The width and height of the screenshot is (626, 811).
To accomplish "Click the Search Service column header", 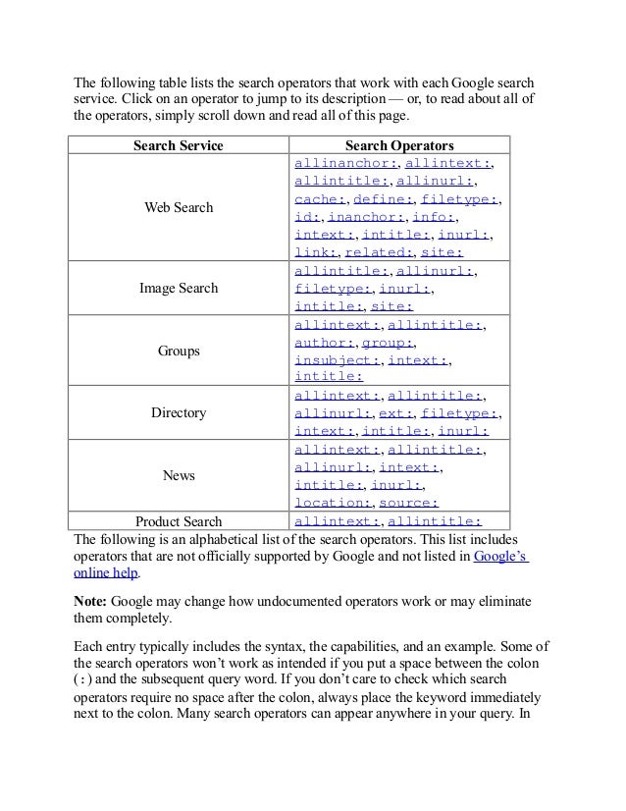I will point(179,145).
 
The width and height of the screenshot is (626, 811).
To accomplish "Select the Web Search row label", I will point(179,208).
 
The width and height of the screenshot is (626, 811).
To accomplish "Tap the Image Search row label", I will point(179,290).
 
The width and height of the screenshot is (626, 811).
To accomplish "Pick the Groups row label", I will point(179,350).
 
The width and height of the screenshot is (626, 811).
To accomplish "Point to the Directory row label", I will point(179,413).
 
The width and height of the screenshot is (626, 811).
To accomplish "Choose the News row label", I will point(179,475).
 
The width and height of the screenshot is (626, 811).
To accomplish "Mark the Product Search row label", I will point(179,521).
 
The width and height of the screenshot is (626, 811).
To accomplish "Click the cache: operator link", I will point(316,199).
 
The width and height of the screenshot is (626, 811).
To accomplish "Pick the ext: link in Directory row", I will point(396,413).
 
